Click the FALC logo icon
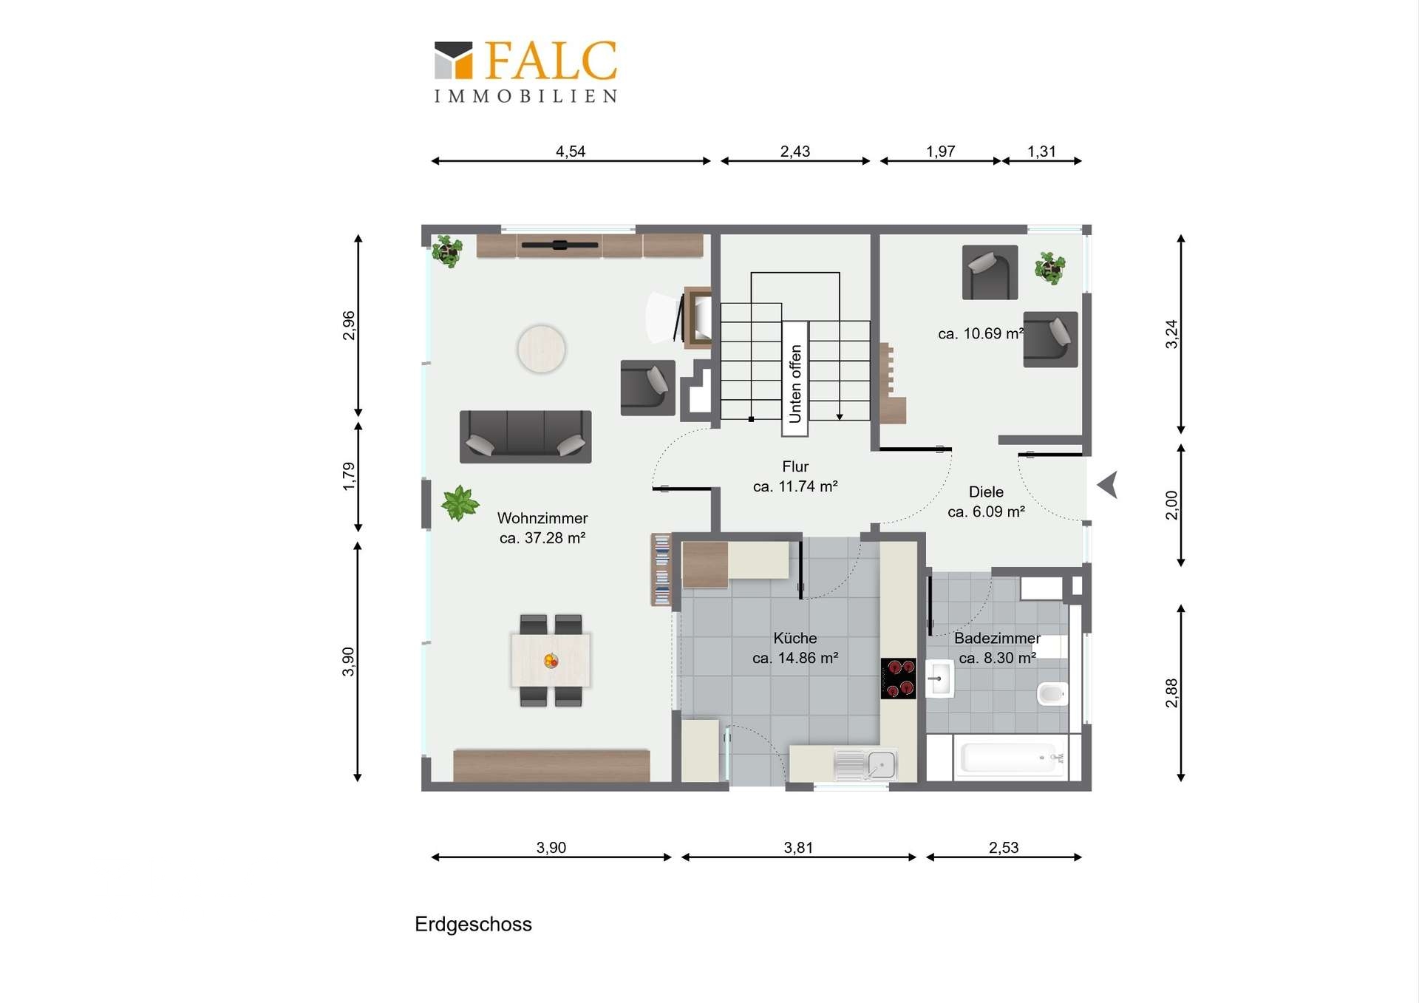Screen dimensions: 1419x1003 tap(453, 60)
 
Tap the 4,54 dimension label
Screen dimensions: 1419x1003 tap(571, 152)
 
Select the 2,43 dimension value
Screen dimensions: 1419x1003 tap(795, 152)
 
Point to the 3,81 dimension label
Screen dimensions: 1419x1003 tap(799, 848)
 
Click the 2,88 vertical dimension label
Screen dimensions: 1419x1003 tap(1171, 693)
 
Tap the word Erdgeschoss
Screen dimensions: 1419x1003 tap(473, 925)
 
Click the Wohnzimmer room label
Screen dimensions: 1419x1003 tap(542, 518)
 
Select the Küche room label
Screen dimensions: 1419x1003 tap(795, 638)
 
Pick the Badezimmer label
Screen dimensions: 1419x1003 tap(997, 638)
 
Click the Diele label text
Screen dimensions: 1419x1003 tap(986, 492)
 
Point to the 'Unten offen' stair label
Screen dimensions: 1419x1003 tap(795, 384)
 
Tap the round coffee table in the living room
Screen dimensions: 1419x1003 tap(542, 349)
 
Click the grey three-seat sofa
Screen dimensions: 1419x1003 tap(525, 437)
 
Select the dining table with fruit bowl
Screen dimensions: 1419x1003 tap(551, 660)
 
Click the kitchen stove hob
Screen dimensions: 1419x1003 tap(898, 678)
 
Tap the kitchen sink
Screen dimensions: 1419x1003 tap(865, 765)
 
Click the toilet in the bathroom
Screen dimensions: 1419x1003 tap(1052, 694)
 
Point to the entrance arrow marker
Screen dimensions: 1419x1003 tap(1107, 486)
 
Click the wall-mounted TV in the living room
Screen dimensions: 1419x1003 tap(559, 245)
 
